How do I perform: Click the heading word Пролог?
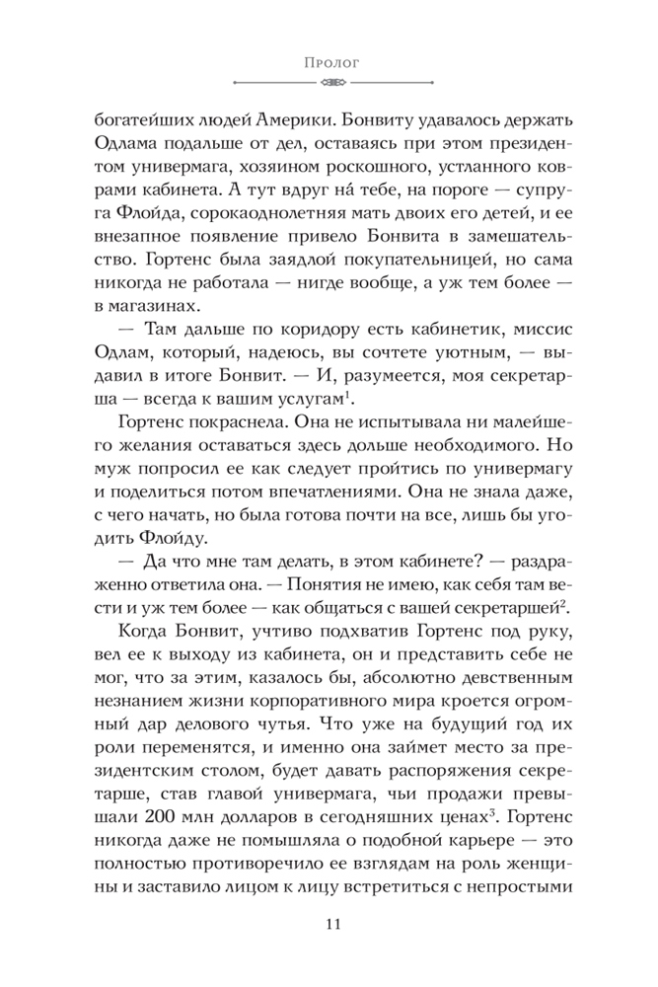[x=329, y=61]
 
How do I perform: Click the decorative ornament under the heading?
[x=329, y=83]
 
